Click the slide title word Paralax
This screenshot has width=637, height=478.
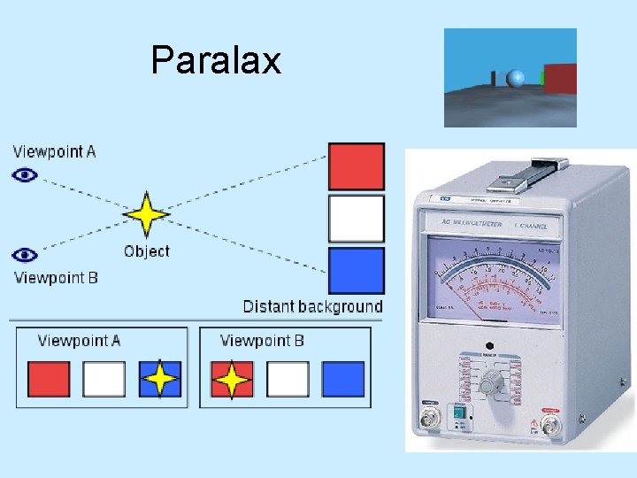216,60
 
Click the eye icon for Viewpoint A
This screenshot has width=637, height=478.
26,175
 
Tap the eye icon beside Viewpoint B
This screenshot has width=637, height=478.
26,255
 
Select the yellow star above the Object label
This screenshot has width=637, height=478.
146,215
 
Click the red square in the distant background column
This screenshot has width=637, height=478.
357,166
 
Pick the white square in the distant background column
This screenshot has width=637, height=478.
357,219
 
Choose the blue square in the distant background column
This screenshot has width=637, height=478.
357,270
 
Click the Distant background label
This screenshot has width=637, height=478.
313,307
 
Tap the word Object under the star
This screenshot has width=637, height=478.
147,251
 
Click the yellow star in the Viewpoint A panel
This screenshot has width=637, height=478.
160,379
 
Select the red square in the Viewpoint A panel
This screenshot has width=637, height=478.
49,379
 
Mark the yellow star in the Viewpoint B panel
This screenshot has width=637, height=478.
233,379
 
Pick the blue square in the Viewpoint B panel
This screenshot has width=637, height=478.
343,379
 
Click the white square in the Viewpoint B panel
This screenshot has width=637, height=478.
288,379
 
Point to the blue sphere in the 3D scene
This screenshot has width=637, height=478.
515,79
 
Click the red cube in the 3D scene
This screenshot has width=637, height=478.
559,78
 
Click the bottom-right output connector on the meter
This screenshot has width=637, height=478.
550,427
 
